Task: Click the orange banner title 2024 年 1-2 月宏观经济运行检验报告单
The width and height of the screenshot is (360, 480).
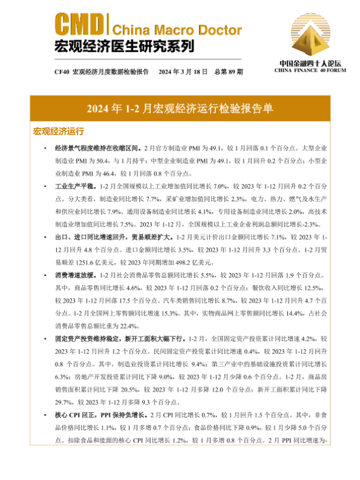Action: pos(180,108)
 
